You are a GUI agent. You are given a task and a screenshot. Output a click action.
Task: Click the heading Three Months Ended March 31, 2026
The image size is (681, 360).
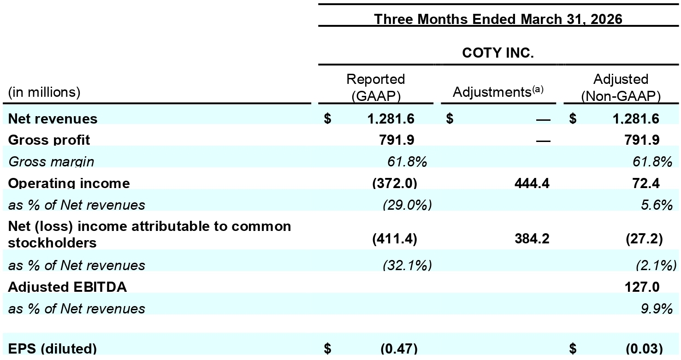pos(498,19)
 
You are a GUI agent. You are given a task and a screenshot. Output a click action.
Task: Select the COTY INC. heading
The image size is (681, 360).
pos(498,53)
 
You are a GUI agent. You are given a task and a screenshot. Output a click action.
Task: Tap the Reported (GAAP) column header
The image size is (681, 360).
pos(376,88)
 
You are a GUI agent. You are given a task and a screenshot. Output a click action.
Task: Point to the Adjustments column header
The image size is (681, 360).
pos(498,92)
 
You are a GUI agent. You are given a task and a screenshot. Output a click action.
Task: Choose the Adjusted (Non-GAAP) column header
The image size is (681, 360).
pos(621,88)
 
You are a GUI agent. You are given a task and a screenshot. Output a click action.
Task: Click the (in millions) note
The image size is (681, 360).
pos(44,92)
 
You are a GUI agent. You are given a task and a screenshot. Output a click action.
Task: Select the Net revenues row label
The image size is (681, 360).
pos(53,118)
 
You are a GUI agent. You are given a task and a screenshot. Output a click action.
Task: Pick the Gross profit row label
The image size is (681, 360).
pos(49,140)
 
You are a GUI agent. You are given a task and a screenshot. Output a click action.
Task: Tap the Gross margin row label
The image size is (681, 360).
pos(51,161)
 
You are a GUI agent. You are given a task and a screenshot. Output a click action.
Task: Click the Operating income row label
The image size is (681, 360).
pos(69,183)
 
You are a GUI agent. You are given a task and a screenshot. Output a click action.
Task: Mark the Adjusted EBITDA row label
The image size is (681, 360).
pos(67,287)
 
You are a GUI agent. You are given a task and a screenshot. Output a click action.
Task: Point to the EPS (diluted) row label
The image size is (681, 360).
pos(52,348)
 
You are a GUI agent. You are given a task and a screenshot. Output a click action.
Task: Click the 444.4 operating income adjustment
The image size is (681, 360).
pos(532,183)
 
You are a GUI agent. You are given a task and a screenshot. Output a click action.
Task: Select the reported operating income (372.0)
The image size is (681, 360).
pos(395,183)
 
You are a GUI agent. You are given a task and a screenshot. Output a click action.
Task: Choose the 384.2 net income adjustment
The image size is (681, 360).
pos(532,239)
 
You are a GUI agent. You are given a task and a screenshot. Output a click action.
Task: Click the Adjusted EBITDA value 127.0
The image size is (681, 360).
pos(642,287)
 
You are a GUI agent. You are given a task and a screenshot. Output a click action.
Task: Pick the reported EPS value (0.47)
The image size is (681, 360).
pos(399,348)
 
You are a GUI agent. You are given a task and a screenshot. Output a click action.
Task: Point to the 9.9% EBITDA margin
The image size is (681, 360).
pos(657,309)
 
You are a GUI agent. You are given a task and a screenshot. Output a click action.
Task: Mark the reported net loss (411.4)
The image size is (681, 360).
pos(395,239)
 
